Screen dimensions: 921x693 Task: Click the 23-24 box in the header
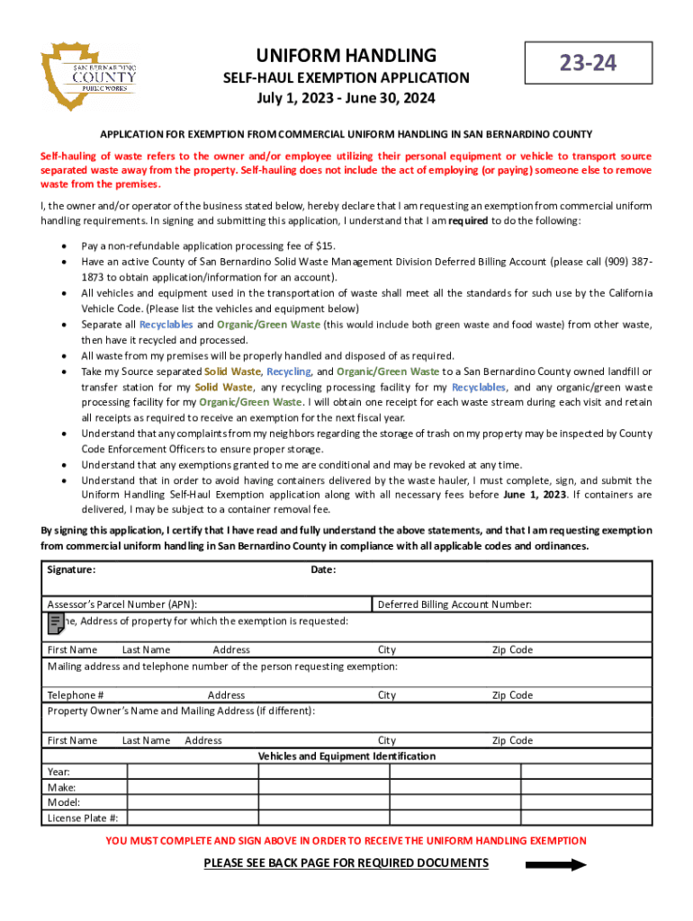(589, 63)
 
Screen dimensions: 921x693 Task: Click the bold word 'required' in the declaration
(468, 221)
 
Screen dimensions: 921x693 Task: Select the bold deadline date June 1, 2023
(535, 495)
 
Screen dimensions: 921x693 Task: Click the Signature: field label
(72, 569)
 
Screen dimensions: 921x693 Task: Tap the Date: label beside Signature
(323, 569)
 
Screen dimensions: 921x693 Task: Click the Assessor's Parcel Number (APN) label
(122, 604)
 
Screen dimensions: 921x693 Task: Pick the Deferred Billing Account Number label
(454, 604)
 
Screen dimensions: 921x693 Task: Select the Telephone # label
(75, 695)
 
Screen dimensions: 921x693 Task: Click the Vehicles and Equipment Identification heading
(346, 756)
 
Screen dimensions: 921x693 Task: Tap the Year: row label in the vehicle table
(58, 772)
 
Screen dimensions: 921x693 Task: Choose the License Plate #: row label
(83, 818)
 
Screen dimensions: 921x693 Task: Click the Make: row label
(61, 787)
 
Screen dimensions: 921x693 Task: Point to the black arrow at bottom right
(555, 865)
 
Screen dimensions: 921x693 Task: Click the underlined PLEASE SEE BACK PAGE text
(346, 863)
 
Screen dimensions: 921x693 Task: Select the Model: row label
(63, 802)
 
